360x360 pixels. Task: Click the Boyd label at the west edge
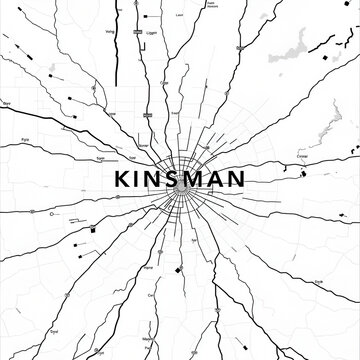click(x=8, y=103)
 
